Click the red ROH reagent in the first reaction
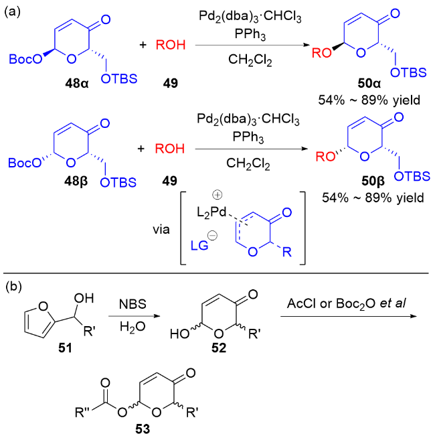pos(170,46)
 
